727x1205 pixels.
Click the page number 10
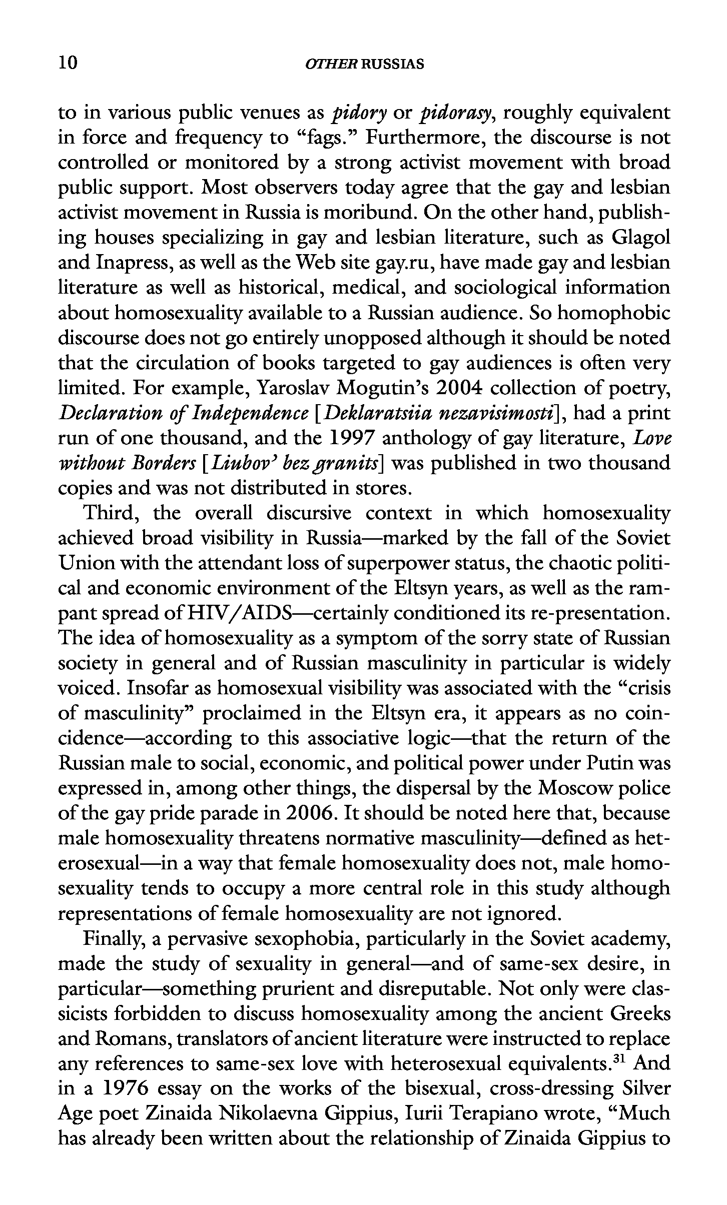click(x=68, y=63)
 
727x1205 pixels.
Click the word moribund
click(x=369, y=213)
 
